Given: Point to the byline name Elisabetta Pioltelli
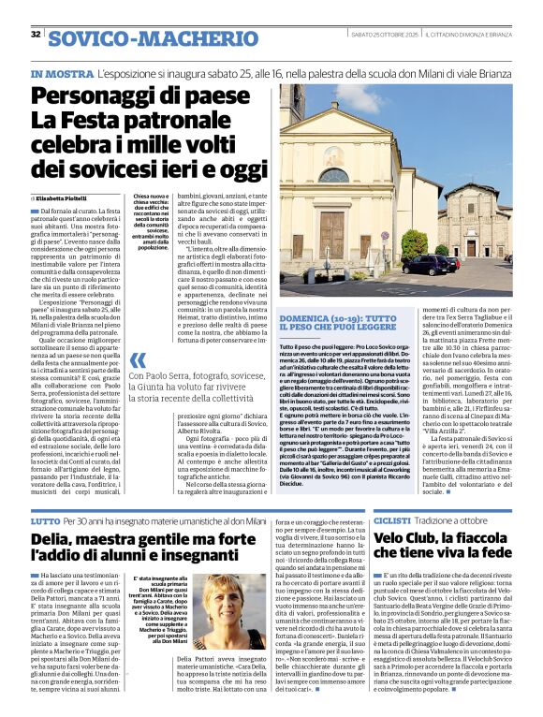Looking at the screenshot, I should (x=63, y=199).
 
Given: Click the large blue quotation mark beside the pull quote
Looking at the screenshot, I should (x=139, y=361).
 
